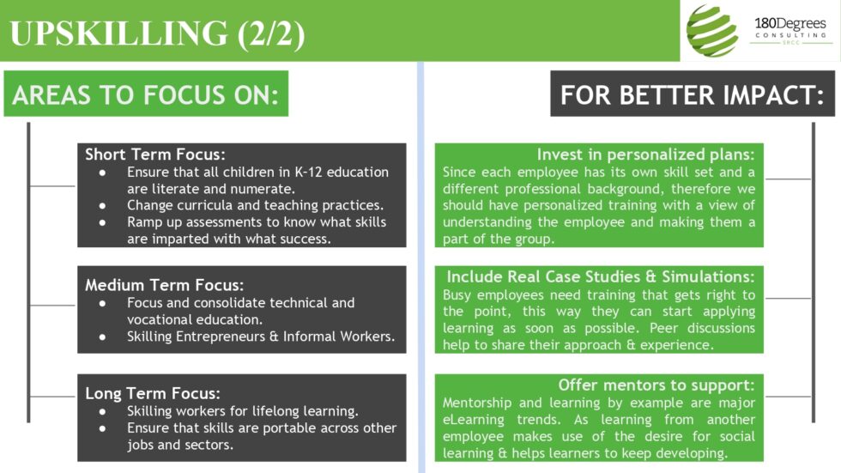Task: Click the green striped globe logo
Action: point(712,31)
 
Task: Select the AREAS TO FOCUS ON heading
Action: point(146,94)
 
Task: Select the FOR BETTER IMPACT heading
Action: point(693,94)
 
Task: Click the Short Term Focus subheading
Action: point(155,155)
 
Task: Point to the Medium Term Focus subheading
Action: point(165,285)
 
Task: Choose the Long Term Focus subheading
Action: point(153,394)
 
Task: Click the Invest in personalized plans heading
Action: point(645,155)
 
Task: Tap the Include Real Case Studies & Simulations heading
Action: point(601,277)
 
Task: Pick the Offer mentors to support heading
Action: point(656,385)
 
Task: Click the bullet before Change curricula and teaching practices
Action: point(103,206)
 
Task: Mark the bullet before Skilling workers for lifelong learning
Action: point(103,411)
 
